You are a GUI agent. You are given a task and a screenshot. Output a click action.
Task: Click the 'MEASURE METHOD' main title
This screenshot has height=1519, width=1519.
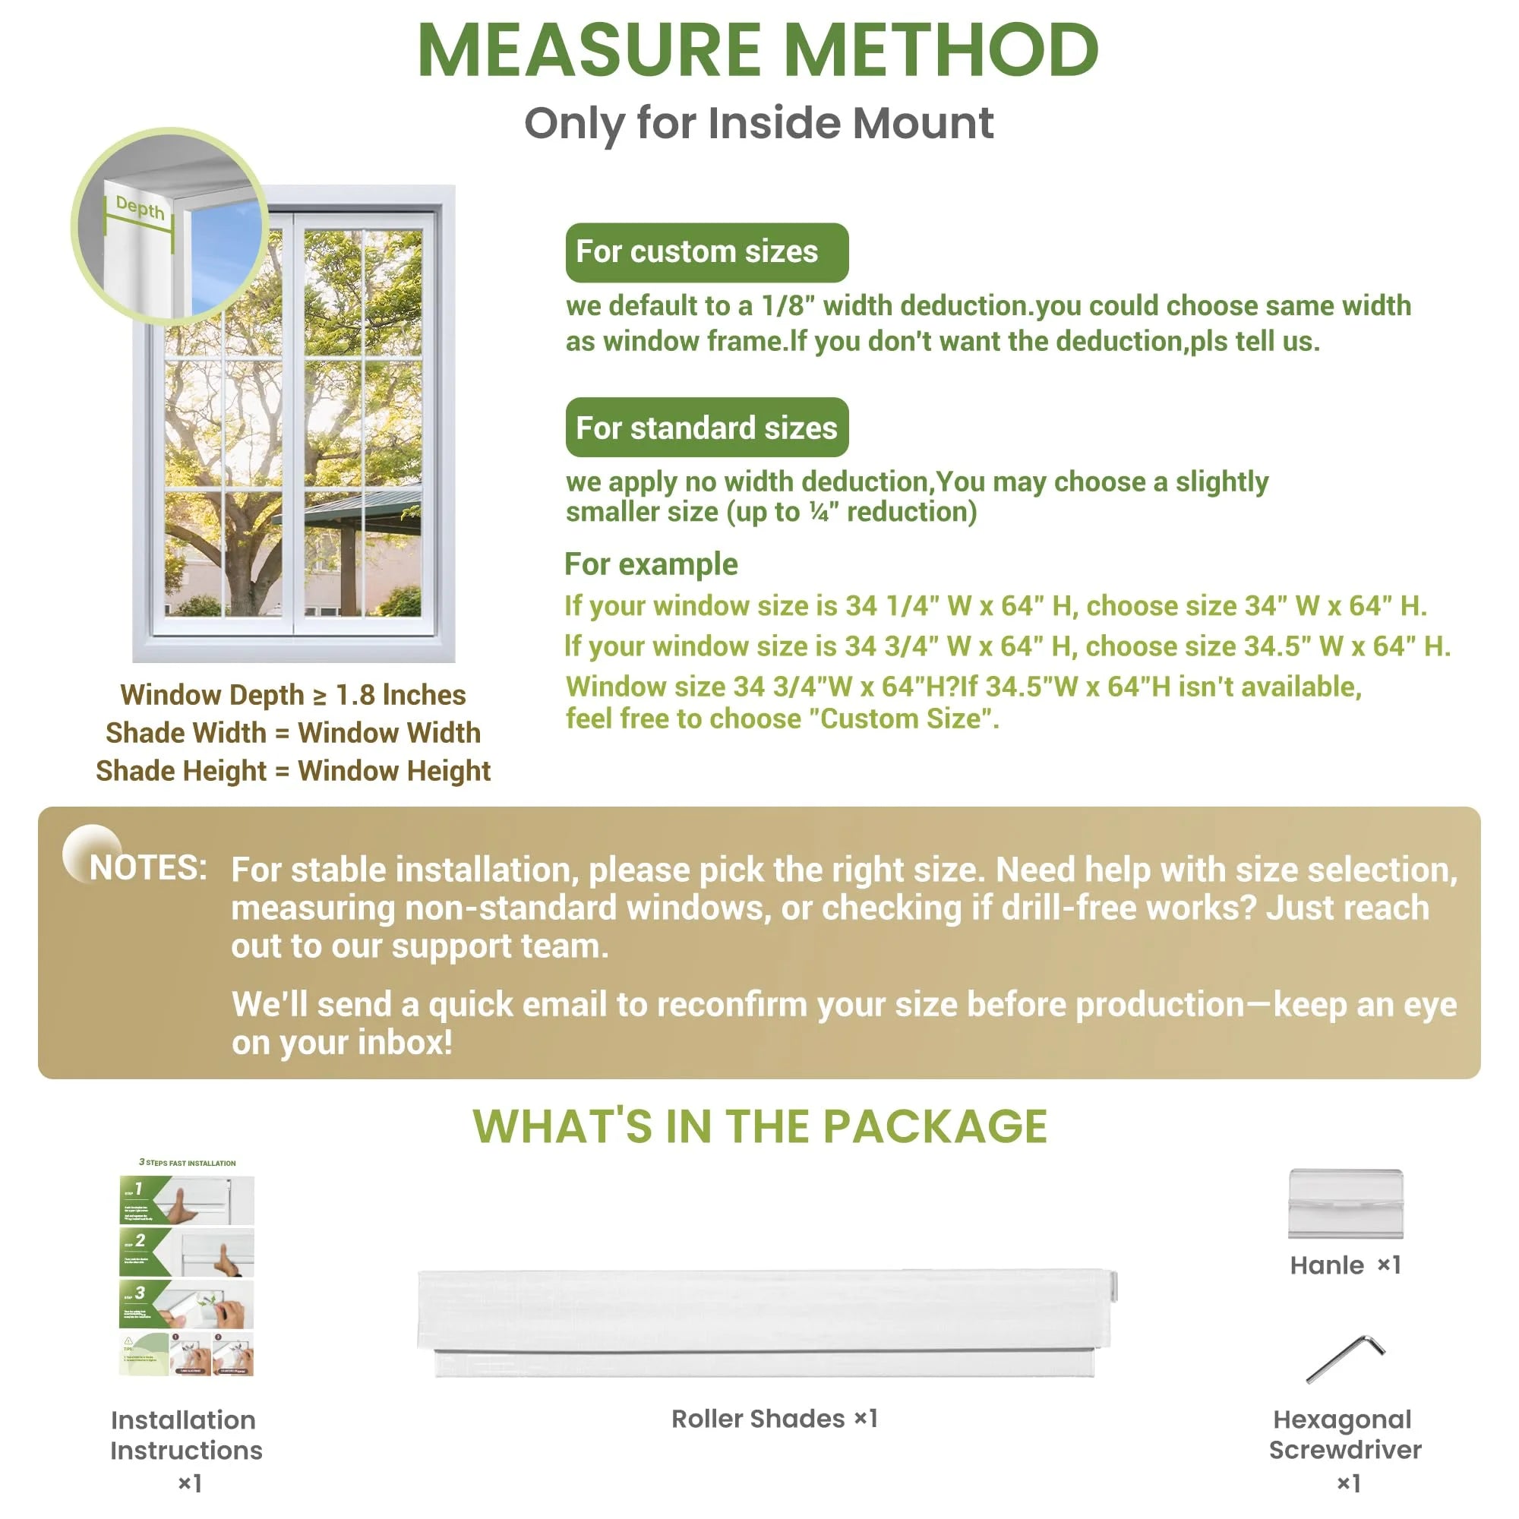tap(758, 50)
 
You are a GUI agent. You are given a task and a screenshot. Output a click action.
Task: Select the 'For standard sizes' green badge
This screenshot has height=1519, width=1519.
tap(706, 428)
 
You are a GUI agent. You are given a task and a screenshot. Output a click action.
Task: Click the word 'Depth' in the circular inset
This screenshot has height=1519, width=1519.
tap(140, 207)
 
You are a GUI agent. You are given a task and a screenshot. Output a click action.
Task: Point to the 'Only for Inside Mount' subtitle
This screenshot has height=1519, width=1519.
tap(759, 124)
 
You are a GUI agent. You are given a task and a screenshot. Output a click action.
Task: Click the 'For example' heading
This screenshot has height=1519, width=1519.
tap(651, 564)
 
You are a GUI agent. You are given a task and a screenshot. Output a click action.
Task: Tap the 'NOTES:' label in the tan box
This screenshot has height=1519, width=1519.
tap(148, 868)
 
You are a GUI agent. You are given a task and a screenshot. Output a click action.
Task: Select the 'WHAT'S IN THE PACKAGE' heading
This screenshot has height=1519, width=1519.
tap(759, 1126)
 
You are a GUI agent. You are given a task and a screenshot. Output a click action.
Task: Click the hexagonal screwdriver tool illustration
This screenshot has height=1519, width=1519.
tap(1345, 1359)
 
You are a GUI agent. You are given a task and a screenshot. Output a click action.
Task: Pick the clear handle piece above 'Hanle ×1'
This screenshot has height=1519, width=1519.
tap(1345, 1203)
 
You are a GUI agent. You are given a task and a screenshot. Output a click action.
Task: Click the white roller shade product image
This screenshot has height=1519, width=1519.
tap(766, 1322)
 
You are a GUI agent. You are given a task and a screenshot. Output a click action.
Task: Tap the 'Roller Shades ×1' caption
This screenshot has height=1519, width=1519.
tap(774, 1418)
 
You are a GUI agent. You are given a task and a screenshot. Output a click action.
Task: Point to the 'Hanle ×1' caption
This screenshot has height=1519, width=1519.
tap(1345, 1265)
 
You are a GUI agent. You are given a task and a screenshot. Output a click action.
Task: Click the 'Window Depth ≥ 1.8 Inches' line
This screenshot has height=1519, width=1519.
tap(292, 695)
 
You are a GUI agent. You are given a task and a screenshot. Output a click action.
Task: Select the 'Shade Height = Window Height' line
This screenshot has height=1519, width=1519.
tap(292, 770)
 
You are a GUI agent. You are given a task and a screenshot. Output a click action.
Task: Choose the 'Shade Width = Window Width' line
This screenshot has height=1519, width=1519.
tap(292, 733)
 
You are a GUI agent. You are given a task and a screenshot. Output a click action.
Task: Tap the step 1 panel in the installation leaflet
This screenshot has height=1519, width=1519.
tap(187, 1200)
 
